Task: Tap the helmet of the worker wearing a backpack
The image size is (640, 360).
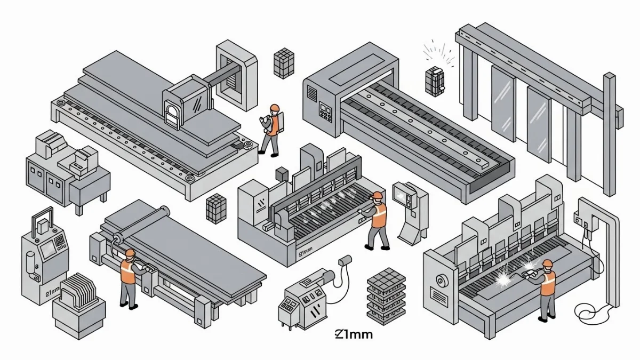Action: tap(274, 108)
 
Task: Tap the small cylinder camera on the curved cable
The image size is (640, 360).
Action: tap(345, 261)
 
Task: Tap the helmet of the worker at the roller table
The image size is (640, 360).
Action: tap(129, 253)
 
